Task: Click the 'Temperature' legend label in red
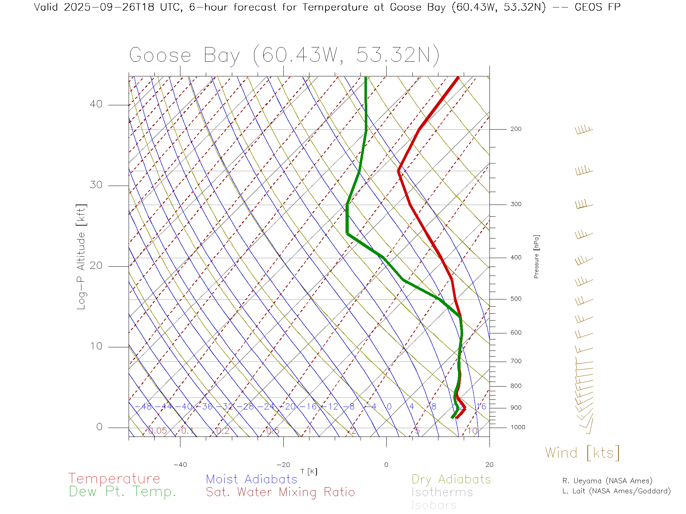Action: click(114, 478)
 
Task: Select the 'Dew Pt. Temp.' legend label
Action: click(123, 492)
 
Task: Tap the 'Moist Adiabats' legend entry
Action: click(252, 479)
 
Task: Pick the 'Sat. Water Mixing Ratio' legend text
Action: click(280, 492)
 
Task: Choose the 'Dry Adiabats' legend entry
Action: click(451, 479)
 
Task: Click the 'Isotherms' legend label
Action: click(442, 492)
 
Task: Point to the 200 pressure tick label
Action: click(516, 129)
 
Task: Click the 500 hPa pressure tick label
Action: click(516, 299)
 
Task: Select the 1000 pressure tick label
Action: click(518, 427)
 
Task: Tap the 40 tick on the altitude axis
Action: click(96, 104)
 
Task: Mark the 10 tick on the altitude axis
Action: click(96, 346)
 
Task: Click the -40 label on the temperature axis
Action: click(180, 465)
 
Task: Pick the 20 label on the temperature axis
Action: click(489, 465)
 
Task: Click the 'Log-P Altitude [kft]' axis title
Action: click(81, 257)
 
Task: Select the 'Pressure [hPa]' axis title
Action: click(536, 257)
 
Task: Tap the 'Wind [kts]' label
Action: click(582, 453)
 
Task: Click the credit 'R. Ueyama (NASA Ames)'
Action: click(607, 481)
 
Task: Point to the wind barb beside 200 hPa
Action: click(584, 130)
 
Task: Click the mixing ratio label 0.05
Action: click(157, 431)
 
